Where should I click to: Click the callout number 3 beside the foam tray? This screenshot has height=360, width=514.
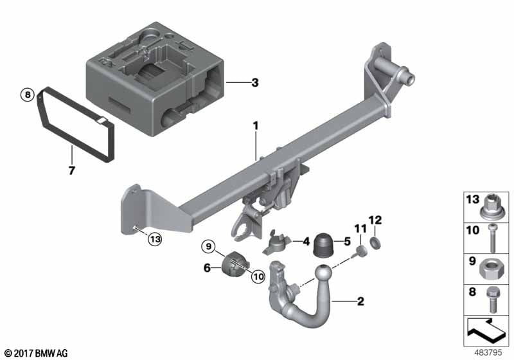[254, 82]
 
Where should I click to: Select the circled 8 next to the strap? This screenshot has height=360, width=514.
[28, 94]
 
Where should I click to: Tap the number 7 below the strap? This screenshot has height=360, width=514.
[72, 170]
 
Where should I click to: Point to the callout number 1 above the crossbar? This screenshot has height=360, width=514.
[255, 126]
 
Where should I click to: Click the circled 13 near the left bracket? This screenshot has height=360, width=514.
[155, 239]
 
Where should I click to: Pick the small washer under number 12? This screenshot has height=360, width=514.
[375, 243]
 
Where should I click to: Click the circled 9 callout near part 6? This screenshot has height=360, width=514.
[209, 246]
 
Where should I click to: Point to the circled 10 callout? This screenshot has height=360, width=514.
[258, 276]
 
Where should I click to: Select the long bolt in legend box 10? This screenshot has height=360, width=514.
[492, 238]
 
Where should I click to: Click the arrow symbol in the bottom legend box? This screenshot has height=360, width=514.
[486, 329]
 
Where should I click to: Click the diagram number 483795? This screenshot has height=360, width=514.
[488, 352]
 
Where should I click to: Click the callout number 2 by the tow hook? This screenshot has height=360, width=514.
[360, 301]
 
